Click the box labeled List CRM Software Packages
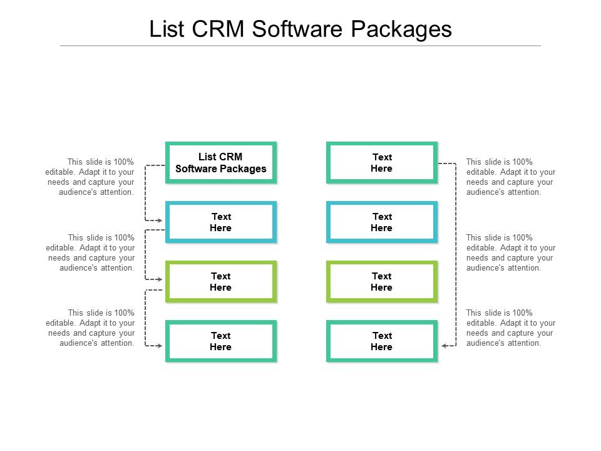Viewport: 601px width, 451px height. pyautogui.click(x=220, y=163)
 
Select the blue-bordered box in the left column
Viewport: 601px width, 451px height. pyautogui.click(x=220, y=222)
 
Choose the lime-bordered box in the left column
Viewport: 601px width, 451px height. pyautogui.click(x=220, y=282)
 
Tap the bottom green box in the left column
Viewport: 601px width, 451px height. pyautogui.click(x=220, y=341)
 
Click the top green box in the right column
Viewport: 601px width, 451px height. pyautogui.click(x=381, y=163)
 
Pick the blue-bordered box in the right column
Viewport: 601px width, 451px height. pyautogui.click(x=381, y=222)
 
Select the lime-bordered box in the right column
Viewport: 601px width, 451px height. pyautogui.click(x=381, y=282)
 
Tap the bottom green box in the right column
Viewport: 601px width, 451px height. pyautogui.click(x=381, y=341)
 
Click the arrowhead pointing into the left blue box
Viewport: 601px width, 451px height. pyautogui.click(x=160, y=220)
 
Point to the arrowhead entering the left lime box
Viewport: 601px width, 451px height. pyautogui.click(x=160, y=279)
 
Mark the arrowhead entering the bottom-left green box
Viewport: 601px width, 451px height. pyautogui.click(x=160, y=345)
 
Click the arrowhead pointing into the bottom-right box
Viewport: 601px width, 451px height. pyautogui.click(x=444, y=345)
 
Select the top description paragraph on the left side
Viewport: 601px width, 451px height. pyautogui.click(x=91, y=177)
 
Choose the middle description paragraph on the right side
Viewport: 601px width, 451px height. pyautogui.click(x=511, y=252)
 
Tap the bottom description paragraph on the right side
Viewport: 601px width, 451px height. pyautogui.click(x=511, y=328)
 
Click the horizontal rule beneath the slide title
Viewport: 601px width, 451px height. pyautogui.click(x=300, y=46)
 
